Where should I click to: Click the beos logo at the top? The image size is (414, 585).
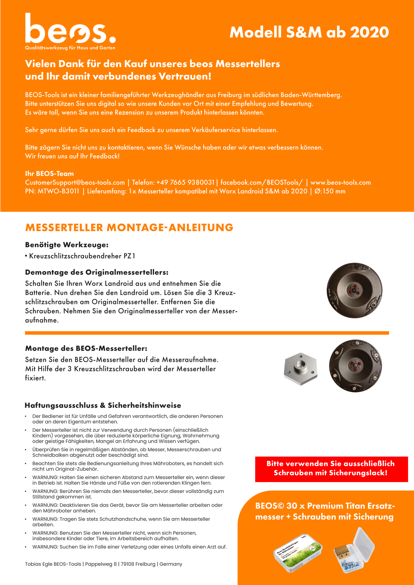(x=70, y=31)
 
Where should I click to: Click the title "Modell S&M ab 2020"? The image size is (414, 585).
(x=309, y=32)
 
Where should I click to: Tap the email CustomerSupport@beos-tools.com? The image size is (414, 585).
(x=75, y=182)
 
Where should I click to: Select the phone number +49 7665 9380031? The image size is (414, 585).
(x=185, y=182)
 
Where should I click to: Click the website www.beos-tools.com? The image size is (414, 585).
(x=340, y=182)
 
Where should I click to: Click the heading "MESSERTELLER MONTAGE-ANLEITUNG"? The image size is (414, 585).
(x=129, y=227)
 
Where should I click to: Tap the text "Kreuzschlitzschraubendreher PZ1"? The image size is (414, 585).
(x=82, y=256)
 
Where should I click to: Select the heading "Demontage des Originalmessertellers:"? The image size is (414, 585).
(x=97, y=272)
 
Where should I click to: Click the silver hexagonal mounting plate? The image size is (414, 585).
(x=301, y=369)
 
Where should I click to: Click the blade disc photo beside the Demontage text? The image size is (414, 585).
(x=355, y=290)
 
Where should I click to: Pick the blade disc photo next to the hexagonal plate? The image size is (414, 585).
(x=355, y=366)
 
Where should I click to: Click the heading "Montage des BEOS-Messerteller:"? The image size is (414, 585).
(x=86, y=348)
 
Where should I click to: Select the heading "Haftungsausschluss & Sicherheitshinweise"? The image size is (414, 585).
(x=103, y=405)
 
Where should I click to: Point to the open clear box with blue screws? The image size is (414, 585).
(x=354, y=551)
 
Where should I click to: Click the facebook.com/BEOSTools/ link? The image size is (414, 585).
(x=262, y=182)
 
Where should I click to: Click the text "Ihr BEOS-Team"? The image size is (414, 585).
(x=50, y=174)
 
